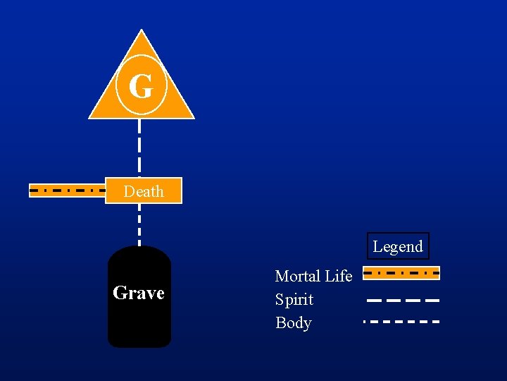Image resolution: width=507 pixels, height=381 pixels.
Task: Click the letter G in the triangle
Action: point(141,87)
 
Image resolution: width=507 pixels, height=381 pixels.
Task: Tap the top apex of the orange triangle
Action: point(142,32)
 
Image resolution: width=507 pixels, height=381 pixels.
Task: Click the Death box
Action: point(144,190)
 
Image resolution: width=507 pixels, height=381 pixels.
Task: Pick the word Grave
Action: point(139,292)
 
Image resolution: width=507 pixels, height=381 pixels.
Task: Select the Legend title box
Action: point(398,246)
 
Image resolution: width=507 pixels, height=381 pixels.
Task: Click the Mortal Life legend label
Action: point(313,276)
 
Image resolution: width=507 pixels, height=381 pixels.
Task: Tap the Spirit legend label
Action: point(294,299)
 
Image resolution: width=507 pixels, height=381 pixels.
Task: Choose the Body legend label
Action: point(293,322)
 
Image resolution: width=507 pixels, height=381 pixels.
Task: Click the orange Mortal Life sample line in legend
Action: point(401,272)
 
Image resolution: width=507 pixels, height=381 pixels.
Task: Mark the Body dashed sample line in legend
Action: point(401,322)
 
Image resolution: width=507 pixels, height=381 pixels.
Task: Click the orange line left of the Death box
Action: point(67,190)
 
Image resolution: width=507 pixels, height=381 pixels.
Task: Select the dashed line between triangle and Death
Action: point(139,147)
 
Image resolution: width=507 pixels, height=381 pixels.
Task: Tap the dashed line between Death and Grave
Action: point(139,224)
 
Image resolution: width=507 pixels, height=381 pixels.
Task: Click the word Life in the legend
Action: point(337,276)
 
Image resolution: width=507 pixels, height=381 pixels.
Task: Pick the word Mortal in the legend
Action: point(296,276)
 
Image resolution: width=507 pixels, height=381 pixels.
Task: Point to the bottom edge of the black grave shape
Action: point(139,346)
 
